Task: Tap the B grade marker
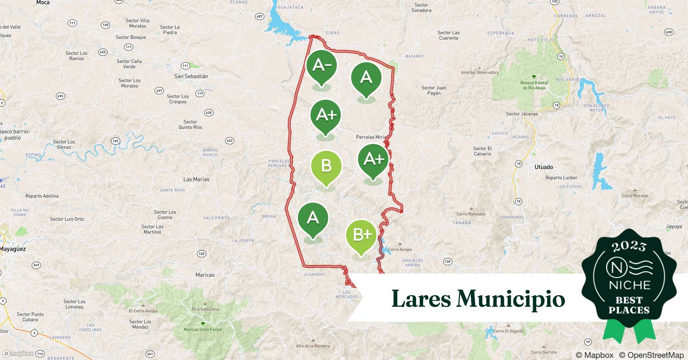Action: (326, 166)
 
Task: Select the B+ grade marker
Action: (361, 235)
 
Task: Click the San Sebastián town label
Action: (191, 76)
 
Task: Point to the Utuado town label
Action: (544, 167)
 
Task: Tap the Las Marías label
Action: (196, 179)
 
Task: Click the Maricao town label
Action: (205, 275)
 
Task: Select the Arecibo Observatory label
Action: (480, 72)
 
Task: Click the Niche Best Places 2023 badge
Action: (629, 281)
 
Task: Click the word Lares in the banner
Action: (421, 298)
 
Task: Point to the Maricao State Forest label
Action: (203, 329)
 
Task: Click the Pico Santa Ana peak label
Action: (205, 309)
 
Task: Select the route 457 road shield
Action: (259, 17)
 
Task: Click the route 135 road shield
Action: (447, 262)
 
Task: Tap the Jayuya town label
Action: (674, 226)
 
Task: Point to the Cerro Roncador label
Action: (471, 214)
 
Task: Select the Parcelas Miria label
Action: (371, 137)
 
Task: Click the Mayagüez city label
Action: (13, 249)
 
